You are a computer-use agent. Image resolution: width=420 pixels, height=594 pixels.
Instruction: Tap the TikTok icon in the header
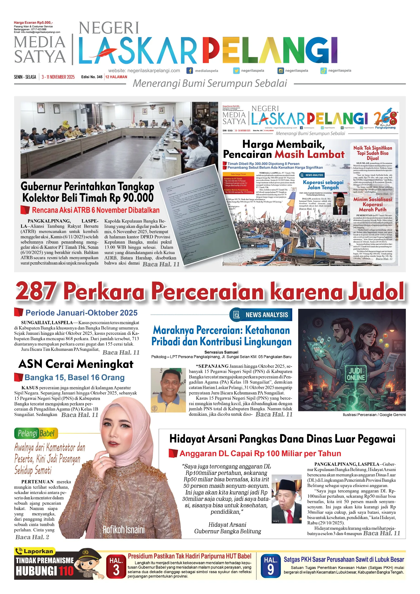[323, 71]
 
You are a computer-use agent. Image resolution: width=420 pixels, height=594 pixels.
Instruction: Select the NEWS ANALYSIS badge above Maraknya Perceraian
[261, 315]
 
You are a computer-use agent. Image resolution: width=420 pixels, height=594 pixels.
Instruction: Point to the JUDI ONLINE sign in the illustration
[356, 374]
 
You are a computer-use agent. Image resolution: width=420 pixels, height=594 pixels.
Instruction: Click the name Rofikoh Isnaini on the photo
[123, 529]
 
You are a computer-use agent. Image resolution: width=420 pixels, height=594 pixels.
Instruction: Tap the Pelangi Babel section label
[36, 433]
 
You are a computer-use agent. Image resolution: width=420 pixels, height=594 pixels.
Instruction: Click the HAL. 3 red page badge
[116, 567]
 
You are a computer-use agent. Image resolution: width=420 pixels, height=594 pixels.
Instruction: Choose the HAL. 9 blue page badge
[270, 567]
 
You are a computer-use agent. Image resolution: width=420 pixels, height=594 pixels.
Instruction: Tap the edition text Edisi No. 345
[92, 77]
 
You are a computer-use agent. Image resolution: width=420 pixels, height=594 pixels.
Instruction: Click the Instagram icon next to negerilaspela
[281, 71]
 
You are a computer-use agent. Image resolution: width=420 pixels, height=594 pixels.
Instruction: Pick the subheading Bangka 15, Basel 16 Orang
[74, 378]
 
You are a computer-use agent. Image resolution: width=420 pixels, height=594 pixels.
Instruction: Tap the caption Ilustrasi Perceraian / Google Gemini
[374, 415]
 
